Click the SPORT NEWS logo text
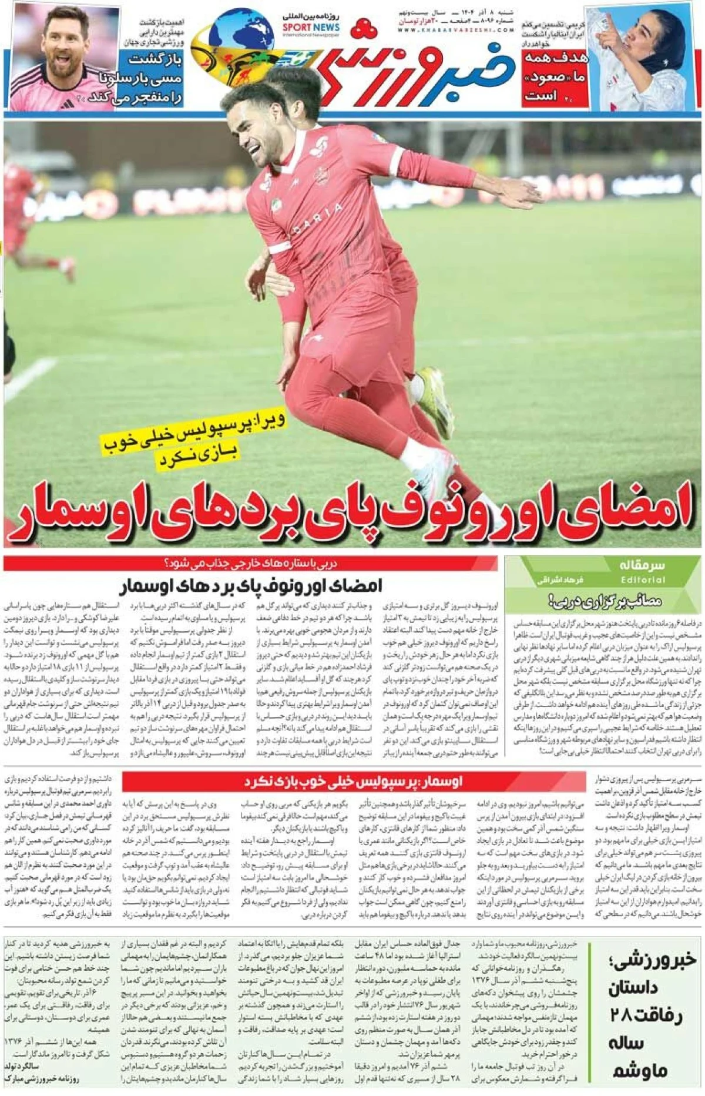[311, 28]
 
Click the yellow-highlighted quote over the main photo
[194, 441]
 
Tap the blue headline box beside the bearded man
[152, 79]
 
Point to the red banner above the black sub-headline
[250, 564]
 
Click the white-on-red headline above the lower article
[354, 782]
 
